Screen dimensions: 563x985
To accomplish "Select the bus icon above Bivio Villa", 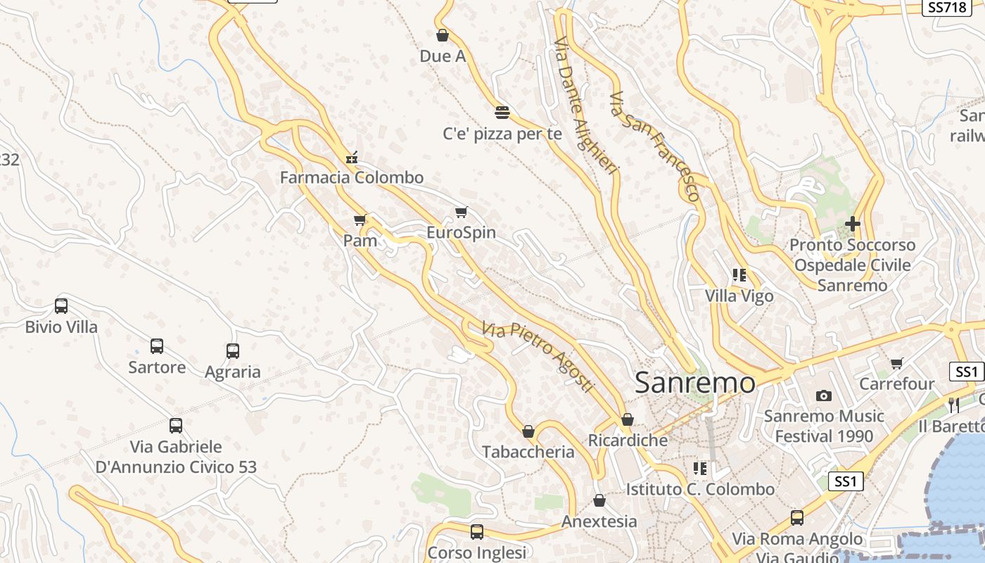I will [61, 306].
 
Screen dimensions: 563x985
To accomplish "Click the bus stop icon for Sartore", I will [157, 346].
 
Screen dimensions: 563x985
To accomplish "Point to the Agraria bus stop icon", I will [233, 351].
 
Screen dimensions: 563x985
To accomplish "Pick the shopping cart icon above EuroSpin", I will [462, 212].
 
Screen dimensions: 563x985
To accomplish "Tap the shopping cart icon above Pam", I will [360, 220].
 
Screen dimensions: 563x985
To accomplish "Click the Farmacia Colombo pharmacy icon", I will [352, 158].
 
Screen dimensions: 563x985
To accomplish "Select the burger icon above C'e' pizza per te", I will [502, 112].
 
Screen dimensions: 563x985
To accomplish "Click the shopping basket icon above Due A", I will [443, 35].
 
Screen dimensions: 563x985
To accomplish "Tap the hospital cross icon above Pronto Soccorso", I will [853, 224].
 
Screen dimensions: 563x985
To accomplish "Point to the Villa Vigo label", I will [739, 296].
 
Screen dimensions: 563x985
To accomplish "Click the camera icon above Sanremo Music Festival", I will [824, 396].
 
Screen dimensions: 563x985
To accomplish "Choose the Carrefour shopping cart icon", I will [896, 364].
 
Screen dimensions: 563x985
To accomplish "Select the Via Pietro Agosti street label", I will [539, 358].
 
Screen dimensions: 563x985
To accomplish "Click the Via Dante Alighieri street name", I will [585, 106].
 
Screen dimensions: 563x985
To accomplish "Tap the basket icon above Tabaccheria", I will [528, 431].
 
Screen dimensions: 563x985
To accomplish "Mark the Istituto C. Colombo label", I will [700, 489].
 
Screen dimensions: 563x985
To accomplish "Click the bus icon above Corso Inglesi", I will [477, 532].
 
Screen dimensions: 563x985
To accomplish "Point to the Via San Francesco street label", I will [656, 146].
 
